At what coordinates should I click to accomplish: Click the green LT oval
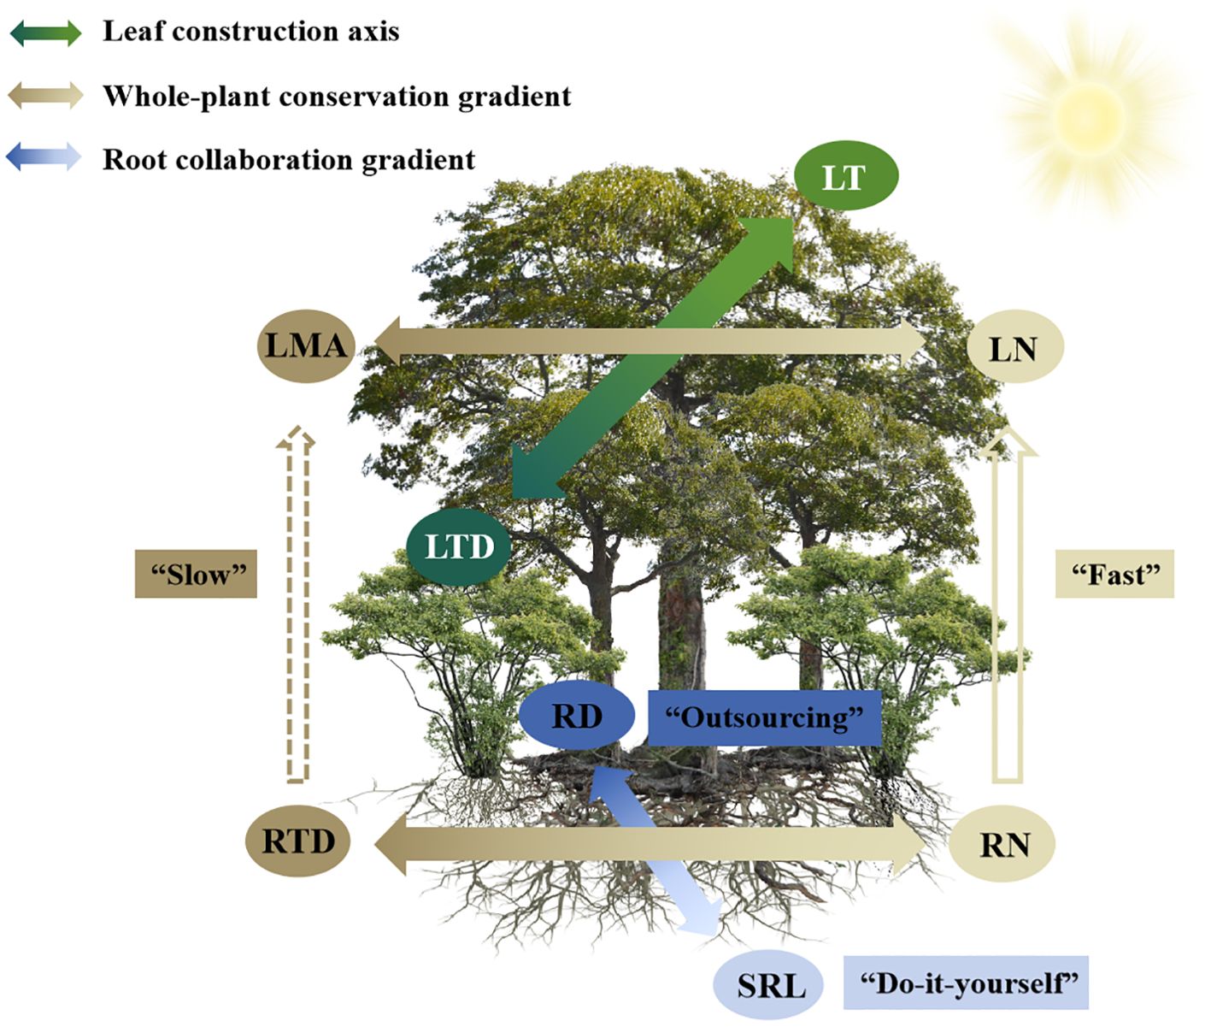(x=845, y=176)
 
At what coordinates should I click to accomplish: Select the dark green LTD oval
(x=458, y=546)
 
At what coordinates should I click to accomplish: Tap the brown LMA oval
(x=306, y=345)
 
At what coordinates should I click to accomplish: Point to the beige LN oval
(x=1014, y=347)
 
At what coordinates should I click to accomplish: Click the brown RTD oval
(x=298, y=841)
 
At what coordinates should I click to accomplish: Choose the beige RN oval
(x=1002, y=844)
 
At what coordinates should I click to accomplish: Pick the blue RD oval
(x=577, y=715)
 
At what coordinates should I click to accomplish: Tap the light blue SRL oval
(x=769, y=984)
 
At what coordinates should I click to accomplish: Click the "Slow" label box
(x=196, y=574)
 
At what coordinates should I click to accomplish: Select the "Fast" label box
(x=1114, y=574)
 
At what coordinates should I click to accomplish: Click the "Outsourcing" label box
(x=764, y=717)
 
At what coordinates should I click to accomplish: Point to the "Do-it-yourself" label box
(x=965, y=983)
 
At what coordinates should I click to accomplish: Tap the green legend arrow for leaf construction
(x=45, y=32)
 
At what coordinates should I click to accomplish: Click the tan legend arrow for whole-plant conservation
(x=45, y=95)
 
